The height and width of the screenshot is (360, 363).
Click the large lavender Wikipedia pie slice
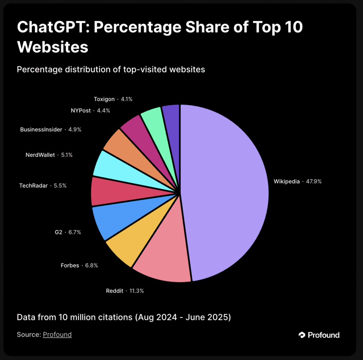click(227, 191)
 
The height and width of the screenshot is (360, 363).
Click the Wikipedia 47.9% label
click(297, 181)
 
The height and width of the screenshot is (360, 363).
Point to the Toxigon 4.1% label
click(113, 99)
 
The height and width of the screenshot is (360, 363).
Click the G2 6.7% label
click(68, 232)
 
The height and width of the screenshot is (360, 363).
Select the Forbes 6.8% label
click(79, 265)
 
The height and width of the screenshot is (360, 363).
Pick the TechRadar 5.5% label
click(43, 185)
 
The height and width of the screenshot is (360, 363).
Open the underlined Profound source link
click(57, 334)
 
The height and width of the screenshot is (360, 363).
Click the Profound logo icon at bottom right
click(302, 335)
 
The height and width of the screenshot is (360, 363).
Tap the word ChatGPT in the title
click(51, 28)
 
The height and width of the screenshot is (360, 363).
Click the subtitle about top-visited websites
click(111, 69)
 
